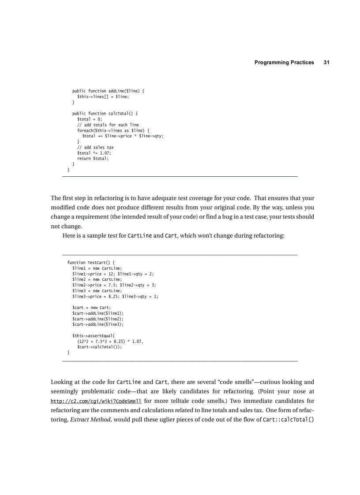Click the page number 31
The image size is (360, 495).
pyautogui.click(x=326, y=63)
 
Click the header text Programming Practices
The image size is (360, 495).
pyautogui.click(x=284, y=63)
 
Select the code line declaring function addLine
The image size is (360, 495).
pyautogui.click(x=108, y=91)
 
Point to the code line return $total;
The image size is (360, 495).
pyautogui.click(x=93, y=158)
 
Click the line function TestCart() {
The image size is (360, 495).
pyautogui.click(x=90, y=263)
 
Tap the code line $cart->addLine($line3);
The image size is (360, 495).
pyautogui.click(x=98, y=324)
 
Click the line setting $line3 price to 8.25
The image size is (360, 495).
pyautogui.click(x=115, y=297)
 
